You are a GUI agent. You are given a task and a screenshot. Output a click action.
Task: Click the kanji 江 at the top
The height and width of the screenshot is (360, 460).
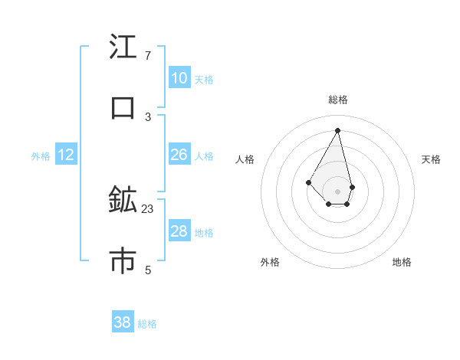click(123, 48)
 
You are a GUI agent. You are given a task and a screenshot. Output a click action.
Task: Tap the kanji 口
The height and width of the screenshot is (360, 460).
click(123, 108)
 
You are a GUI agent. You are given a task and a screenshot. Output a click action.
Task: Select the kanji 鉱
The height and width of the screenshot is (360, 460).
click(123, 200)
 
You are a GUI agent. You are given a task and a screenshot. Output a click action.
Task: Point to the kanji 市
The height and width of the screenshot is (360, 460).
click(123, 260)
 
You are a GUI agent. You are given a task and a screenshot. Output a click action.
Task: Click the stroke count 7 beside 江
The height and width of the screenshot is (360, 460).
click(148, 56)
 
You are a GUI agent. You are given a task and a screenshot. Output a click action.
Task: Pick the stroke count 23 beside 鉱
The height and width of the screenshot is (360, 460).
click(148, 208)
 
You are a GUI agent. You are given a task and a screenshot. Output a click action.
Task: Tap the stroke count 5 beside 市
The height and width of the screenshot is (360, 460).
click(148, 269)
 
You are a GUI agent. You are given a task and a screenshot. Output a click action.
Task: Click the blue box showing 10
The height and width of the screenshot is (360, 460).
click(179, 78)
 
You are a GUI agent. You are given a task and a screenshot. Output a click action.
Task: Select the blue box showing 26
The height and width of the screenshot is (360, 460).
click(179, 155)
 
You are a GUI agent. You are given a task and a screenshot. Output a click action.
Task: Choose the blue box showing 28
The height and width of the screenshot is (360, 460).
click(179, 231)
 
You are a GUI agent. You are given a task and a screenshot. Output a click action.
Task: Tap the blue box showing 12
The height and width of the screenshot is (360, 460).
click(66, 155)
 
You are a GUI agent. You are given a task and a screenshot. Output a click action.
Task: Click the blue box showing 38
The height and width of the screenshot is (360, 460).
click(123, 322)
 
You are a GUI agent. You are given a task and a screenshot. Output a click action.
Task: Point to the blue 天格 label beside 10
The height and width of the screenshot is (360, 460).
click(204, 79)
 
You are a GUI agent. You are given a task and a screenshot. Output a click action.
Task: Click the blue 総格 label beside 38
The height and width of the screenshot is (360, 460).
click(147, 324)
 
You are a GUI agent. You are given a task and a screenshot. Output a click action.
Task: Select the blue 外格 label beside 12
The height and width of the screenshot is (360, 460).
click(41, 156)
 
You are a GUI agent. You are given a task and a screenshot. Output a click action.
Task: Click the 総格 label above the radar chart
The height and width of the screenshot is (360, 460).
click(338, 100)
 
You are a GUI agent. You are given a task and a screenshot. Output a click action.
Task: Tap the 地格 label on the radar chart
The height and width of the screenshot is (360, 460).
click(402, 262)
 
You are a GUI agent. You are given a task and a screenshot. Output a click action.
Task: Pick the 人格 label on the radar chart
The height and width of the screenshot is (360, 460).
click(245, 159)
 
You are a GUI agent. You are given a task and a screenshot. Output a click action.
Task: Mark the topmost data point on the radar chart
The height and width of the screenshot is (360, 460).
click(337, 129)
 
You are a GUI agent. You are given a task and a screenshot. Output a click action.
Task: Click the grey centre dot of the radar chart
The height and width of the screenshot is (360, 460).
click(337, 191)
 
